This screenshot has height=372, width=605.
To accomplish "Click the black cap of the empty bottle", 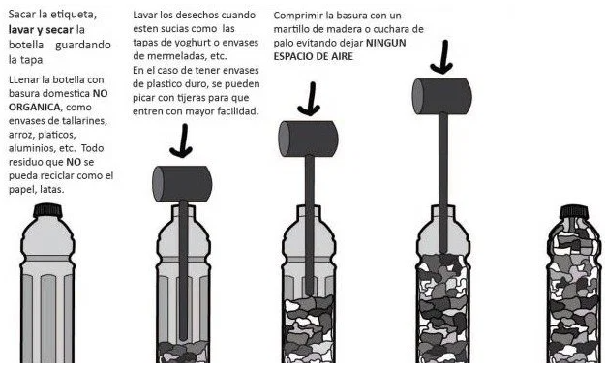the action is point(47,210).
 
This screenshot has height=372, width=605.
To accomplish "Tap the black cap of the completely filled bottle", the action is point(574,211).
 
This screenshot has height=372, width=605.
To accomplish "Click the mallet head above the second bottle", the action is point(182,184).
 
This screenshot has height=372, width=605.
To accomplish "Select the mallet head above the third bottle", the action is point(308,139).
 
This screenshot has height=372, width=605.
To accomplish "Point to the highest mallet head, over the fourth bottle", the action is point(442,96).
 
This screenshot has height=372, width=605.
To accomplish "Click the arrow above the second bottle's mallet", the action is point(181,141).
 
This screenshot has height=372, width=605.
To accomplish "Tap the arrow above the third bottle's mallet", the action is point(309,99).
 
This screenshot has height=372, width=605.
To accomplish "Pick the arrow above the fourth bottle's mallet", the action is point(442,57).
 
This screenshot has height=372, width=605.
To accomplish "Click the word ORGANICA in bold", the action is point(34,107).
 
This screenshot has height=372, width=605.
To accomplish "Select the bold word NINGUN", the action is point(385,43).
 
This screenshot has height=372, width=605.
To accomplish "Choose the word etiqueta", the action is point(72,15).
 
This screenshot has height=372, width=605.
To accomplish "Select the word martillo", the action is point(290,29).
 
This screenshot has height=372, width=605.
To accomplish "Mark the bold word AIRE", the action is point(342,56).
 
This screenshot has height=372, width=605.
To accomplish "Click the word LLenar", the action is point(23,80).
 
